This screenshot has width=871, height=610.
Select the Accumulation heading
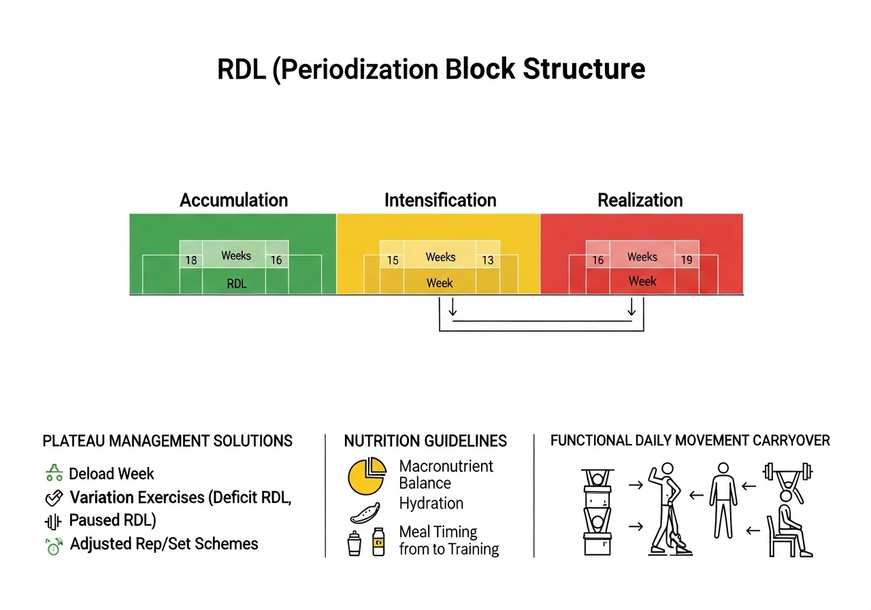[233, 200]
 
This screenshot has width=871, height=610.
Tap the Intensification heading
[440, 200]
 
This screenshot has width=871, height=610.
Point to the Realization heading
[640, 200]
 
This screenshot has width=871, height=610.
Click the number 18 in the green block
[191, 260]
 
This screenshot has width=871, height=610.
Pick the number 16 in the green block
[276, 260]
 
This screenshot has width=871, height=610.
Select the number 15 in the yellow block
[393, 260]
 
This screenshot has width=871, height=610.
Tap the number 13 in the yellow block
[487, 260]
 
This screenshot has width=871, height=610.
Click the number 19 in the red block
[686, 259]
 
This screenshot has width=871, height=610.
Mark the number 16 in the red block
[597, 260]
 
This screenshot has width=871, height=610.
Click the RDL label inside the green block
[237, 284]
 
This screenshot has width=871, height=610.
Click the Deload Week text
[112, 474]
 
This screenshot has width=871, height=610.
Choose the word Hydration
[431, 504]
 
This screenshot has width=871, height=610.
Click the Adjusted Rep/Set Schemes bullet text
[164, 544]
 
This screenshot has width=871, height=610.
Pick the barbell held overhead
[789, 471]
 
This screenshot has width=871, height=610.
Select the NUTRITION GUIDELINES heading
[425, 441]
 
